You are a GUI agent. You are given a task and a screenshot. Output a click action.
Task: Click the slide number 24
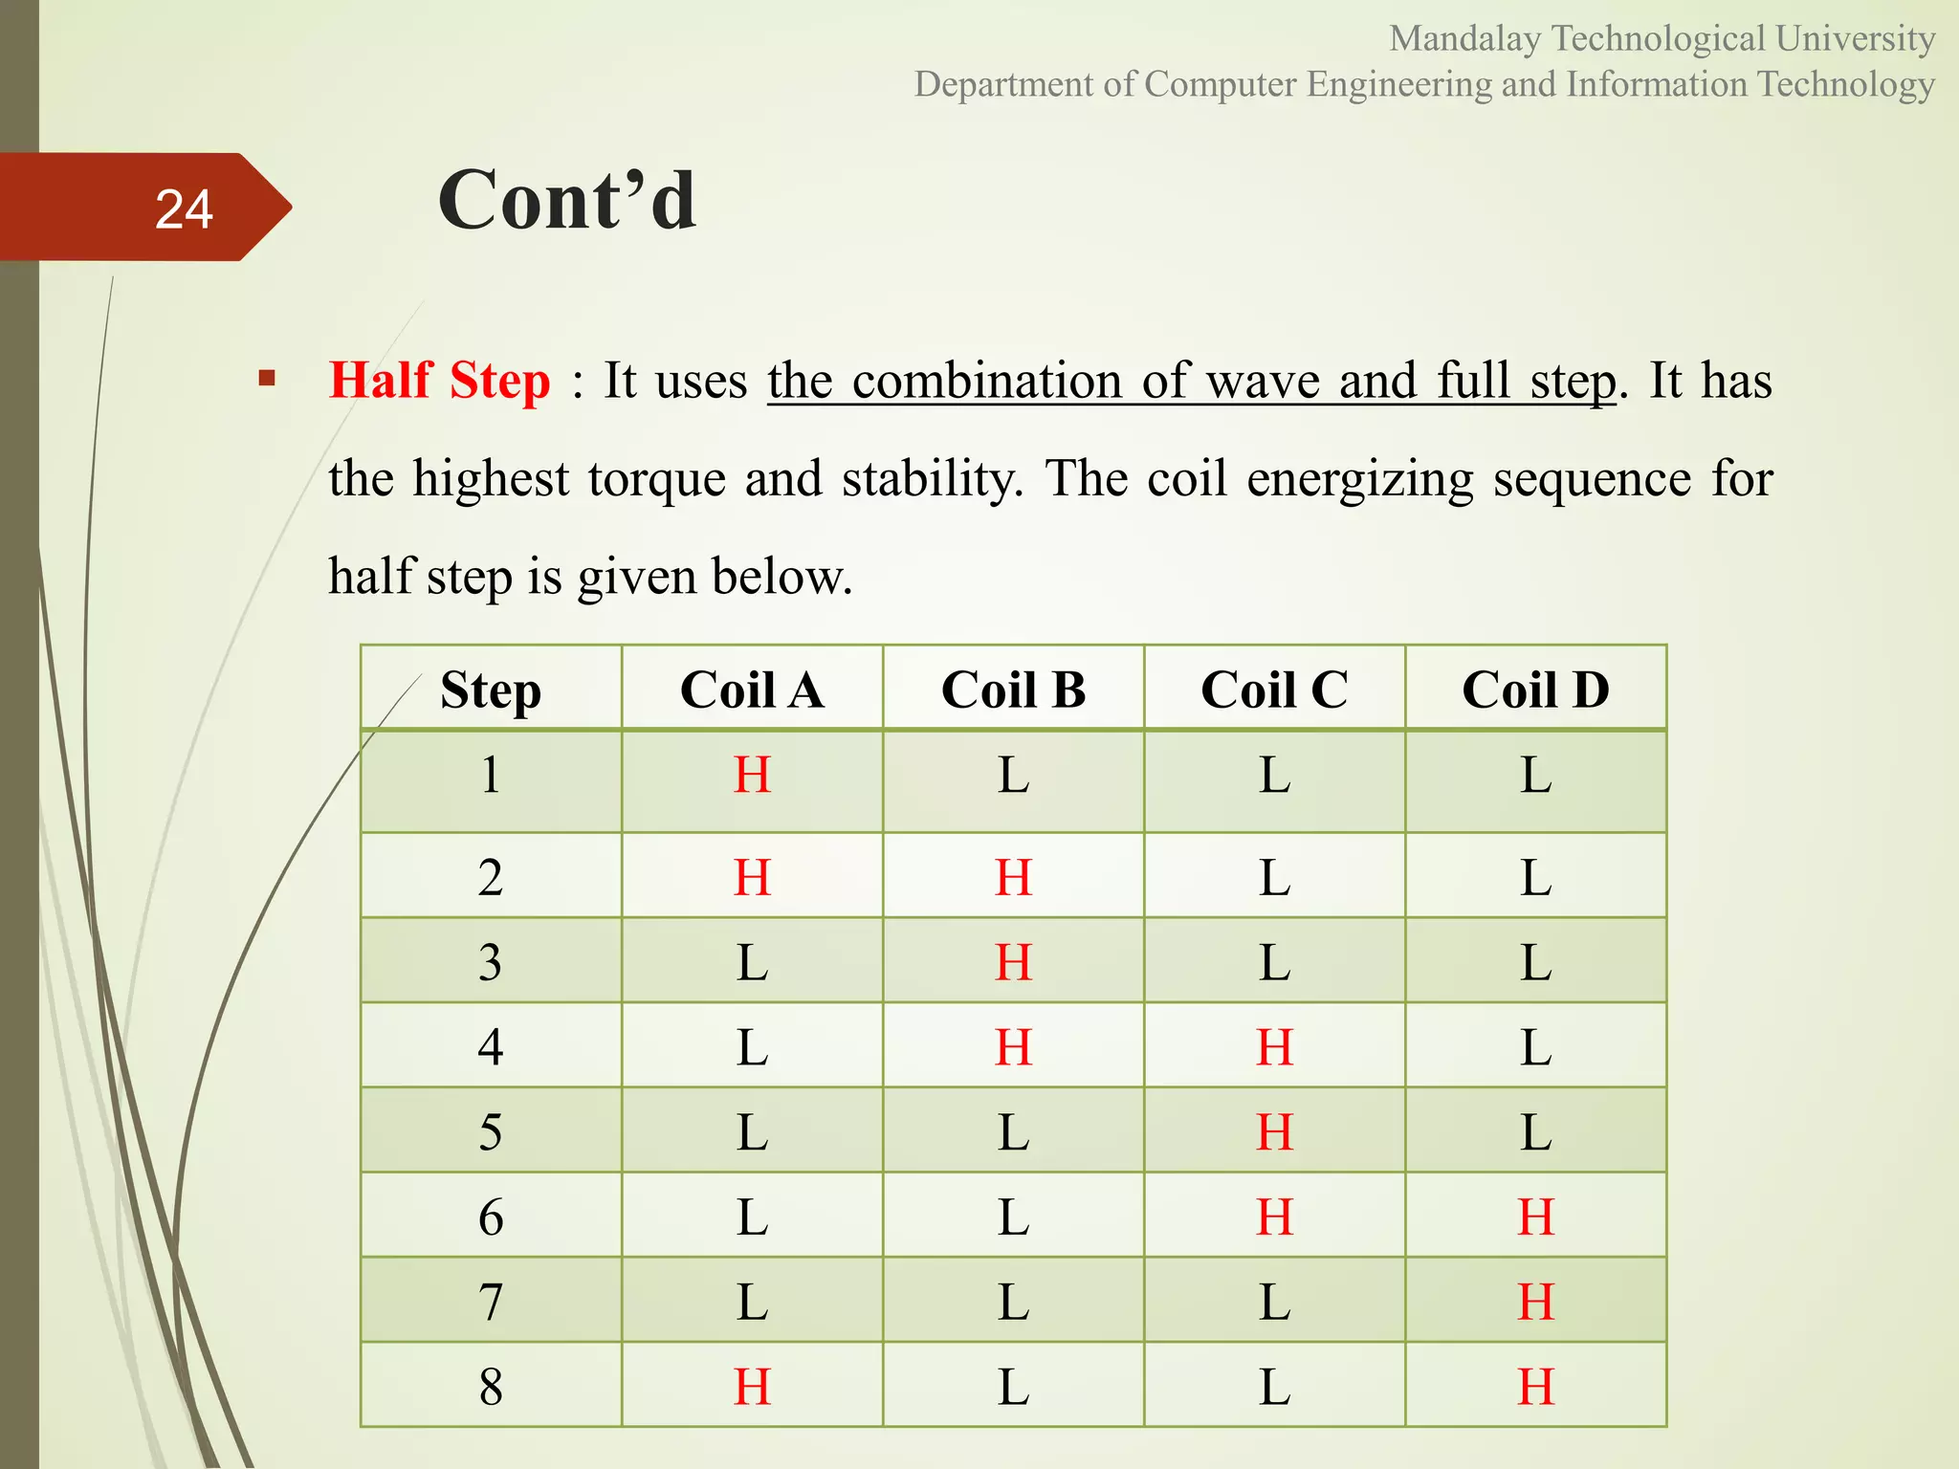[x=184, y=208]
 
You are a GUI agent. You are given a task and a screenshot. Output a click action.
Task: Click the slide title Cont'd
[x=566, y=201]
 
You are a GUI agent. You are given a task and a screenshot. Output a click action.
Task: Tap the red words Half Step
[x=439, y=380]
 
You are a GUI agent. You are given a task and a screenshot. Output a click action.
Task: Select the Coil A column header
[x=752, y=690]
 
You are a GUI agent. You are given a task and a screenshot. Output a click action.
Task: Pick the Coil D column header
[x=1535, y=690]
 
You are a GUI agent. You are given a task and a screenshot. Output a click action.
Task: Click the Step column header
[x=491, y=690]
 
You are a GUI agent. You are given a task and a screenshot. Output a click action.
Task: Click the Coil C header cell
[x=1274, y=690]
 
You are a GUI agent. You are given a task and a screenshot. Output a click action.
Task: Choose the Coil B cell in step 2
[x=1013, y=876]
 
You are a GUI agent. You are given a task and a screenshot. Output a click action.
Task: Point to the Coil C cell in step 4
[x=1274, y=1046]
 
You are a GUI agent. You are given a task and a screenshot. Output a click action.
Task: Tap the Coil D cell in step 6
[x=1535, y=1217]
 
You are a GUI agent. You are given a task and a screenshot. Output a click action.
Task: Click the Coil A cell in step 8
[x=752, y=1386]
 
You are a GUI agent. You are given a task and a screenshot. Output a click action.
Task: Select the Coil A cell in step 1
[x=752, y=775]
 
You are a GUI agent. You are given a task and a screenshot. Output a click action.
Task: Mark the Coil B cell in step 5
[x=1013, y=1131]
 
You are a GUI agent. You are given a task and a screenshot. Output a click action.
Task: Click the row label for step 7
[x=491, y=1302]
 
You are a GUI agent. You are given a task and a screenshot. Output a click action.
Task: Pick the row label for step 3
[x=491, y=961]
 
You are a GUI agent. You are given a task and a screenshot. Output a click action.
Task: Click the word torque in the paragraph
[x=656, y=478]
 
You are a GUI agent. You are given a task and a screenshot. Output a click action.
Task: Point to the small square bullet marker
[x=267, y=379]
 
